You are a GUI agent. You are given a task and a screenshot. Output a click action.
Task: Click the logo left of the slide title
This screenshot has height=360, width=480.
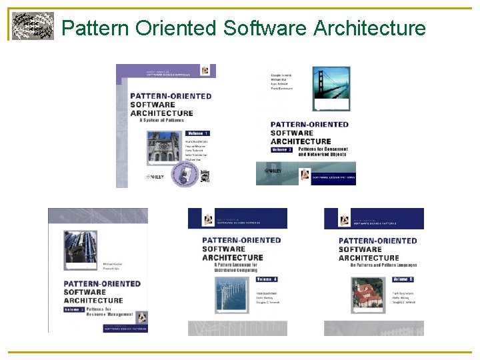pos(33,26)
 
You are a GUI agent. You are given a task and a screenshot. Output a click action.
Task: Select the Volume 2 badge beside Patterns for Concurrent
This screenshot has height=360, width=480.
pos(282,150)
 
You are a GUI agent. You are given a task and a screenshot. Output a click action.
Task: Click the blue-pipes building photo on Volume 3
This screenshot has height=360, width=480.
pos(79,247)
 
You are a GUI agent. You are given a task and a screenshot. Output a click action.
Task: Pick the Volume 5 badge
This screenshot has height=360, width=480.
pos(403,279)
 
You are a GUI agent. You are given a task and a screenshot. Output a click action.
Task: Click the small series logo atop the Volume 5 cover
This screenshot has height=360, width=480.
pos(345,220)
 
